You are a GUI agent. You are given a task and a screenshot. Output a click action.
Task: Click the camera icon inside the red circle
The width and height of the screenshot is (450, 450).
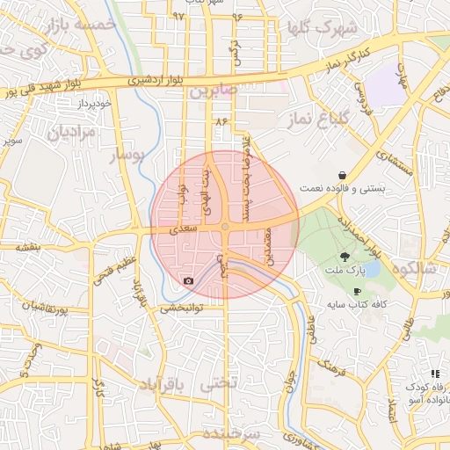188,281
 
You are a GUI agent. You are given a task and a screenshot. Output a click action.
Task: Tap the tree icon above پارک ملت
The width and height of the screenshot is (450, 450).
348,255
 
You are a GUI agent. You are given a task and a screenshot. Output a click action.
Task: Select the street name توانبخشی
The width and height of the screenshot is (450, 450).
180,309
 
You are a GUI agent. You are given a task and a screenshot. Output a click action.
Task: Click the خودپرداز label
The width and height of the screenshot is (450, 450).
95,103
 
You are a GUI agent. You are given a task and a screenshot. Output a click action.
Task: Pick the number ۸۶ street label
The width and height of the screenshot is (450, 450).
219,121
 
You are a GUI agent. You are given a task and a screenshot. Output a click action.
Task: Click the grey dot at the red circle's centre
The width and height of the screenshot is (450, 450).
225,226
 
